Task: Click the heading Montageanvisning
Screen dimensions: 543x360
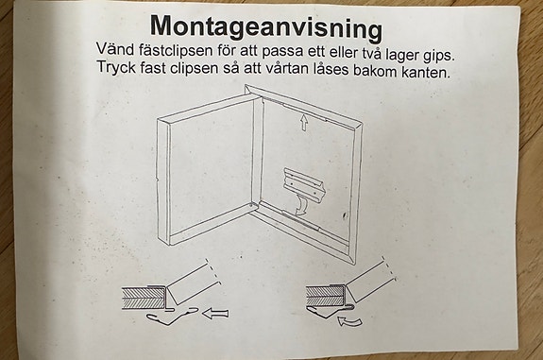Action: click(266, 27)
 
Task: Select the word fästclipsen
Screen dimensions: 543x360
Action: click(176, 50)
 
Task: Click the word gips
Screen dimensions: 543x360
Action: click(438, 56)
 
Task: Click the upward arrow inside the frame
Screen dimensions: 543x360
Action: click(304, 123)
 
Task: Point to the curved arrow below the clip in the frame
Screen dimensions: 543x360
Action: click(300, 204)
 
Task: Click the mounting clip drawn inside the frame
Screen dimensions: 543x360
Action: click(304, 183)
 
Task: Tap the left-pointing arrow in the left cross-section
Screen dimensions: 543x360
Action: click(215, 314)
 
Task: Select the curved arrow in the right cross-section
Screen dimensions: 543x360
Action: click(349, 321)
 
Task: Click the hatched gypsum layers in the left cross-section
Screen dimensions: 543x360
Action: click(143, 298)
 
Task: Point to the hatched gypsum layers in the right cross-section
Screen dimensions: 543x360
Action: click(325, 296)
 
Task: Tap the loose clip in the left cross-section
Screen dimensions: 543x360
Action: click(172, 317)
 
